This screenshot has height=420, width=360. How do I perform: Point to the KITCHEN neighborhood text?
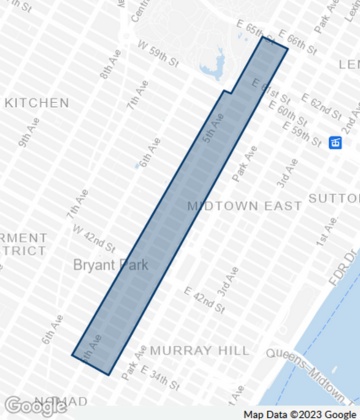(36, 102)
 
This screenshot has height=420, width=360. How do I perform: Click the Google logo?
(35, 405)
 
